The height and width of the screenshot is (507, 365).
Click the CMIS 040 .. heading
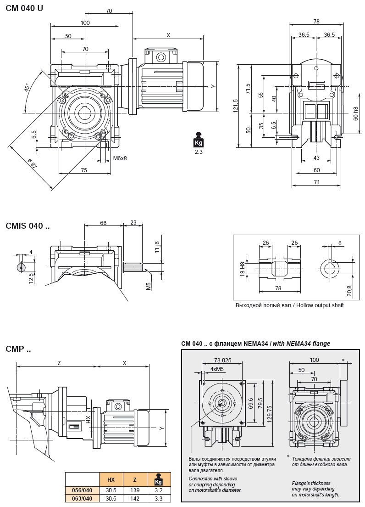point(28,225)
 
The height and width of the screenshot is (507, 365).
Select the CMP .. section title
point(18,349)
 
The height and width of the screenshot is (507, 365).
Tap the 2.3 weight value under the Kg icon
point(198,152)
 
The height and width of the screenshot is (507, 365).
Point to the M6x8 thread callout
point(120,159)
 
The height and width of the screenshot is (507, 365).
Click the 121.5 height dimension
point(236,106)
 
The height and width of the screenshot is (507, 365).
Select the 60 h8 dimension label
point(356,114)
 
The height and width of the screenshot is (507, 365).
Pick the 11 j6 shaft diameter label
point(157,247)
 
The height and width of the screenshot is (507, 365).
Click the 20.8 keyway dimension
point(349,290)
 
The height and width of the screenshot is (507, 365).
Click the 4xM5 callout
point(217,369)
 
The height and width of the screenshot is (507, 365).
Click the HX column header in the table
point(111,480)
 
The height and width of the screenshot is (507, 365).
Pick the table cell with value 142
point(135,498)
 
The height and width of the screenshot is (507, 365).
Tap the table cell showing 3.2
point(159,490)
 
